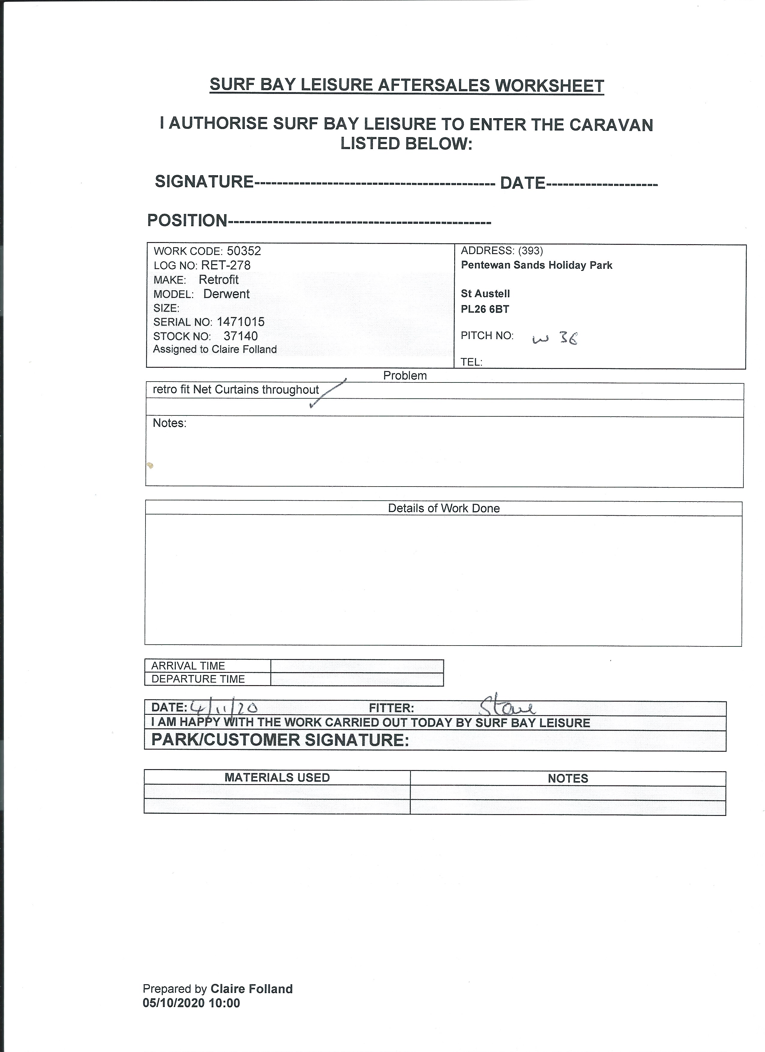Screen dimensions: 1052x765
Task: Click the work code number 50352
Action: [x=244, y=251]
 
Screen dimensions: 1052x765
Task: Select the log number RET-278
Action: [x=226, y=265]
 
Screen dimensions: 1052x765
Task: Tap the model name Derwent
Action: [x=226, y=294]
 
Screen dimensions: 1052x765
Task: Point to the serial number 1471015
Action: [x=241, y=322]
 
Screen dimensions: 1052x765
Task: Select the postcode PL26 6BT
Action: [x=485, y=309]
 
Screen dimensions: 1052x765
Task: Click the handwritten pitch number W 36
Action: [x=555, y=340]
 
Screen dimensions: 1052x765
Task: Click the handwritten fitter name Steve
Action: [x=507, y=707]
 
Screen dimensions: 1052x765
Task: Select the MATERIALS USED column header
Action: [x=277, y=778]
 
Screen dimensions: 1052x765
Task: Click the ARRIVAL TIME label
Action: [x=188, y=666]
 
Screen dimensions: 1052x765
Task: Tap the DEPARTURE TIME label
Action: [x=198, y=679]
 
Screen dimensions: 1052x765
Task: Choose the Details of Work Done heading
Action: [x=443, y=508]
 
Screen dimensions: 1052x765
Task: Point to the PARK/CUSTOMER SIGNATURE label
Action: [x=280, y=740]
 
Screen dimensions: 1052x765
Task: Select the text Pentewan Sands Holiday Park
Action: [x=536, y=265]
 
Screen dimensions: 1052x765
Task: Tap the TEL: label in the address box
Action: [x=471, y=362]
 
